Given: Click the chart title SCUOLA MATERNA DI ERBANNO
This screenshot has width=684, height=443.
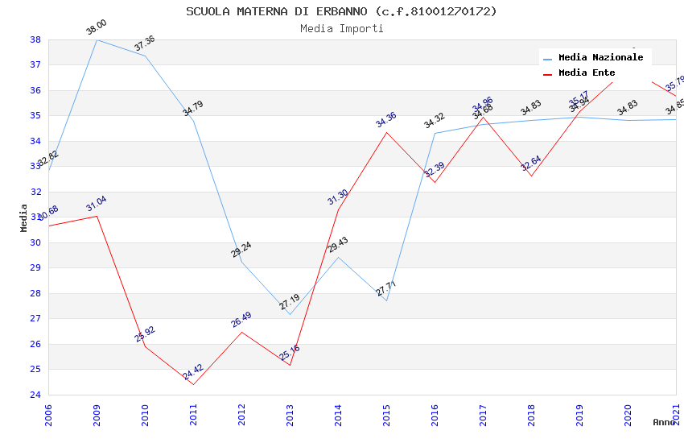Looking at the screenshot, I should [x=341, y=11].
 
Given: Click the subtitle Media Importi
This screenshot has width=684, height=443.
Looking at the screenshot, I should [x=341, y=28].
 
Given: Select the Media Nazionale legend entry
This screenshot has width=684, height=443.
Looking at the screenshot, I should [x=600, y=58].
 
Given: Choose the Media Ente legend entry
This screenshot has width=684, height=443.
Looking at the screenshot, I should [x=587, y=73].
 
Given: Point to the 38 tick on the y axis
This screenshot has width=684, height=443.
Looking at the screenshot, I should [x=35, y=39].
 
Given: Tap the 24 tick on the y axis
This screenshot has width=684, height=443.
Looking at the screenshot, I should [x=35, y=395].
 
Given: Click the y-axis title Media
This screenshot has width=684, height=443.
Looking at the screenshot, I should [x=23, y=217].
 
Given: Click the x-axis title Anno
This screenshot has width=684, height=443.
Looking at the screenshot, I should [x=664, y=422].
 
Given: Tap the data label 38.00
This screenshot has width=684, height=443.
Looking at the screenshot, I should [x=97, y=28].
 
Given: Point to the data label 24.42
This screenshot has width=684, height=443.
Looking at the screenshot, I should [x=193, y=372].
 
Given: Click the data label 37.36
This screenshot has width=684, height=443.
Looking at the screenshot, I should [x=145, y=43].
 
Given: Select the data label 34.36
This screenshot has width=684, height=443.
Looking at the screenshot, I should [x=386, y=119].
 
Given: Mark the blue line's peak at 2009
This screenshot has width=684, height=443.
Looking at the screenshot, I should [x=97, y=39].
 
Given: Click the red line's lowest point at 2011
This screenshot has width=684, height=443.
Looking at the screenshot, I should [x=193, y=384].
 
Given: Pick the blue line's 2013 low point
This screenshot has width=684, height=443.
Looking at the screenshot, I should [x=290, y=314].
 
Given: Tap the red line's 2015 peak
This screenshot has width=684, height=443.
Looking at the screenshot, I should [x=386, y=132].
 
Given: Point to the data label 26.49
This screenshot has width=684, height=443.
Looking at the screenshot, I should [x=241, y=320].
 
